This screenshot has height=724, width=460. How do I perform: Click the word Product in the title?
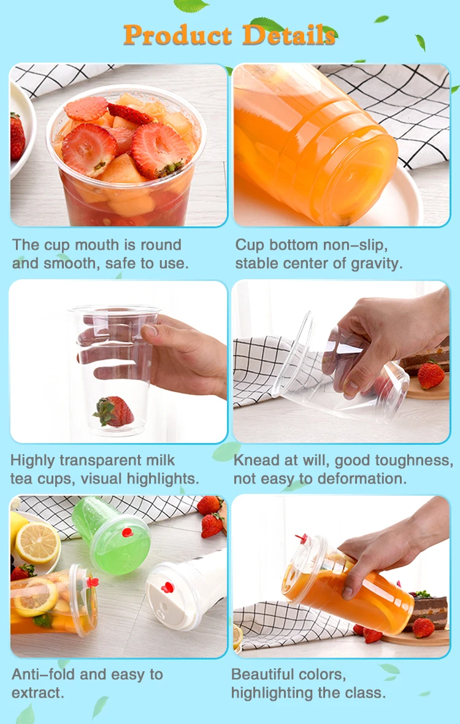(178, 36)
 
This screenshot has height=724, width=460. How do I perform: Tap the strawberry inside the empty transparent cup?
(114, 411)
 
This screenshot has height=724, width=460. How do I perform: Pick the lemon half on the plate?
(38, 543)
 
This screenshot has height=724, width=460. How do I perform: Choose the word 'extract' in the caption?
(36, 693)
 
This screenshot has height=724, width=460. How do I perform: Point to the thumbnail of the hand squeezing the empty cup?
(341, 362)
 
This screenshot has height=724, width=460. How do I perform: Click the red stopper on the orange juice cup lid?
(302, 538)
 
